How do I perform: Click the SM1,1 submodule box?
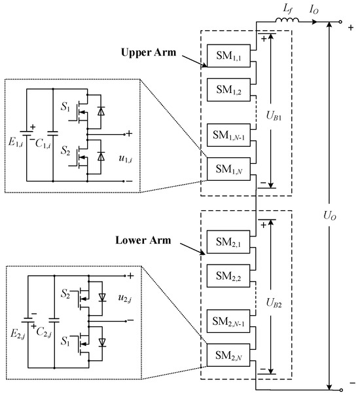tap(226, 54)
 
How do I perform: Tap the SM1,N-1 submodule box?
tap(226, 135)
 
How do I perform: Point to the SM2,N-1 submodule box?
tap(226, 322)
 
